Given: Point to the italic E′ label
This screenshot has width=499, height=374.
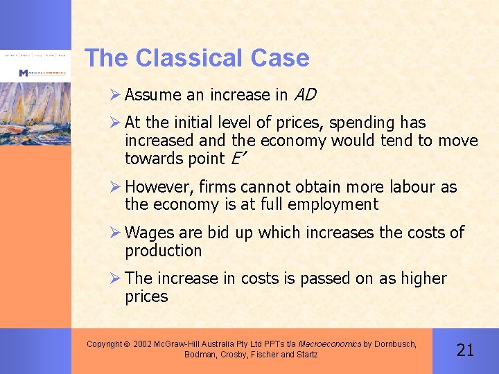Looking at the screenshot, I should (x=237, y=159).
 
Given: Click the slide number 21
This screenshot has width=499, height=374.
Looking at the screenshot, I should (x=465, y=349).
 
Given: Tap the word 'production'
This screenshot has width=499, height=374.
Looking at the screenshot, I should (x=163, y=250).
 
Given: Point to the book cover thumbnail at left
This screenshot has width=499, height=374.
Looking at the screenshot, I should (x=35, y=104).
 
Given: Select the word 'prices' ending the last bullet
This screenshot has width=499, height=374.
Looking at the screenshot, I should (x=146, y=296).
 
